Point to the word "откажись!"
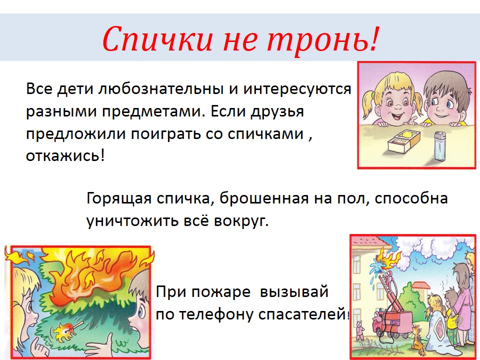tap(65, 155)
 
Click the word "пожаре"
tap(220, 291)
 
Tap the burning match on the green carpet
tap(68, 330)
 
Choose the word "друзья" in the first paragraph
tap(277, 111)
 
